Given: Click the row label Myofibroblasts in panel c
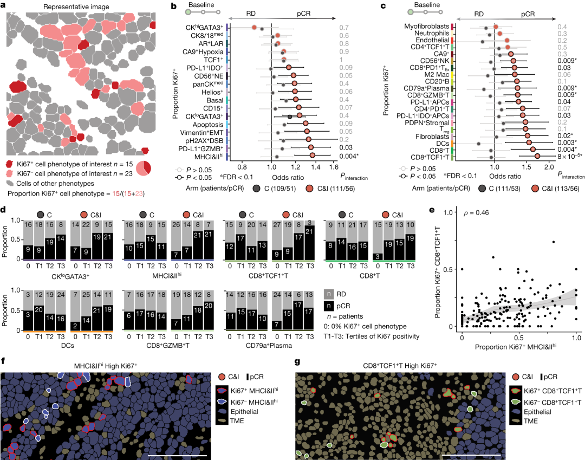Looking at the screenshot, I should click(x=426, y=26).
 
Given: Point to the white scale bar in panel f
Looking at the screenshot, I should click(x=177, y=456).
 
